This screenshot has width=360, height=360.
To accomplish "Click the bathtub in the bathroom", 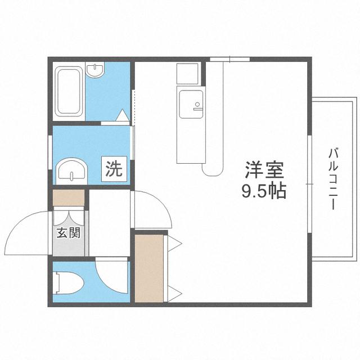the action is [70, 91].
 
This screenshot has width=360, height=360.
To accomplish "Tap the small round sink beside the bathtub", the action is [95, 70].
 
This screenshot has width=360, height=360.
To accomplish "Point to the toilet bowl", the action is [69, 283].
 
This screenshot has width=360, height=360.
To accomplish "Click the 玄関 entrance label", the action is [69, 233].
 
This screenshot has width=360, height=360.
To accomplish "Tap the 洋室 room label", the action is [264, 170].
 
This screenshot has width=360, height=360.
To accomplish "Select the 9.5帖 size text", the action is [264, 191].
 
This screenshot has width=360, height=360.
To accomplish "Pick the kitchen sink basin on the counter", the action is [191, 104].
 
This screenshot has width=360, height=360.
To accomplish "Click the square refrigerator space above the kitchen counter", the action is [187, 74].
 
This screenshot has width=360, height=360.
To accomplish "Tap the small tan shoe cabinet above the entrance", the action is [69, 197].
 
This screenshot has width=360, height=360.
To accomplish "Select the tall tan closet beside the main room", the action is [149, 268].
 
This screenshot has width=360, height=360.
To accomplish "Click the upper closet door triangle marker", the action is [174, 244].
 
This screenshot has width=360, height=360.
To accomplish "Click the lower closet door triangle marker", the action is [174, 294].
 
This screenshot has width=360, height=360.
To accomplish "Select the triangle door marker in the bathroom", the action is [123, 115].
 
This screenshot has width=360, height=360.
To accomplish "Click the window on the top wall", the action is [230, 59].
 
